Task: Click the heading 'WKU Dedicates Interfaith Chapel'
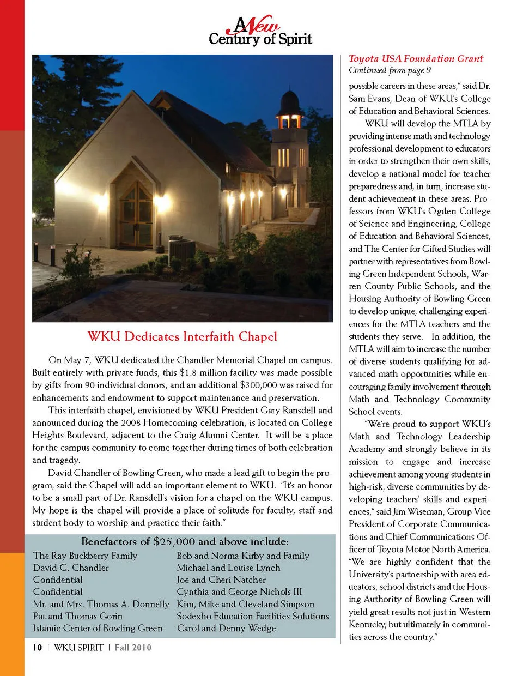[182, 336]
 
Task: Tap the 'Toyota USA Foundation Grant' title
[416, 58]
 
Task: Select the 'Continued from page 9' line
[390, 70]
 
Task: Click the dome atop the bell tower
[290, 101]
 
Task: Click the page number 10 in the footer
[37, 648]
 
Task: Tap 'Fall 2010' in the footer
[132, 648]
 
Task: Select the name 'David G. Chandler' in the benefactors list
[71, 568]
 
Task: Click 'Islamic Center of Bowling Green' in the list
[98, 628]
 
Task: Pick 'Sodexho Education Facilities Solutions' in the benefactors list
[253, 616]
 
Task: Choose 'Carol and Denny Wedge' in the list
[226, 628]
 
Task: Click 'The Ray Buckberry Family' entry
[85, 556]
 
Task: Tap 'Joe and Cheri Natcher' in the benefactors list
[221, 580]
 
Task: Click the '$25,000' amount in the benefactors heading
[174, 541]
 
